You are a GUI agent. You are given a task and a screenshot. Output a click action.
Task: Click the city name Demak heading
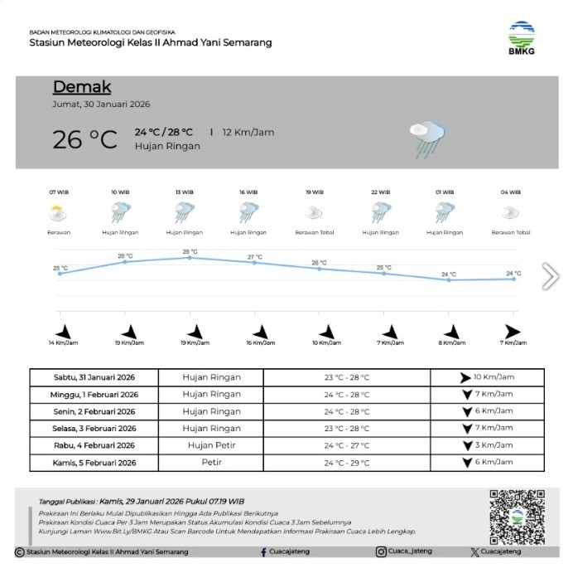82,87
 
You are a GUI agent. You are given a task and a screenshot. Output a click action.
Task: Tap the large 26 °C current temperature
85,138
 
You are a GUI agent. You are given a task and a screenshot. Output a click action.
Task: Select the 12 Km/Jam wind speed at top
248,132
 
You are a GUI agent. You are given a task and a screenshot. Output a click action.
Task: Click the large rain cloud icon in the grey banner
429,138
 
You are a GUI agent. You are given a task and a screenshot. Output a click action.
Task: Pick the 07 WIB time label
58,192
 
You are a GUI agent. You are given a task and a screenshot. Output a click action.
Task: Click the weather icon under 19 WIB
315,213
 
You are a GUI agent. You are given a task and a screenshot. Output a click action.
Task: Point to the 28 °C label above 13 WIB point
190,251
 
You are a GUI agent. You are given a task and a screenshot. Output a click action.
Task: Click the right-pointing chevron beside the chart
550,276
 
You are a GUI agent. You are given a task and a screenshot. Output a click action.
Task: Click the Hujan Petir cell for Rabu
211,445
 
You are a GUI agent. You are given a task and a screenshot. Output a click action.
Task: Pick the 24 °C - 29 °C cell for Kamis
347,463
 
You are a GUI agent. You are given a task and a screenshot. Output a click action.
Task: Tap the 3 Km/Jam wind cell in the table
488,445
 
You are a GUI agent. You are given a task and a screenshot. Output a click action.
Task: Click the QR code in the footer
517,517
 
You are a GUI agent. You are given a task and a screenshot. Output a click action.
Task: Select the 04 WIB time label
510,192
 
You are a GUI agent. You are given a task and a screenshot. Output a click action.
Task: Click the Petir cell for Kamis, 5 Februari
211,462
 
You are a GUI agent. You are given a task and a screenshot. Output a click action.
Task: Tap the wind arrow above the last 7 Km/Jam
513,331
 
